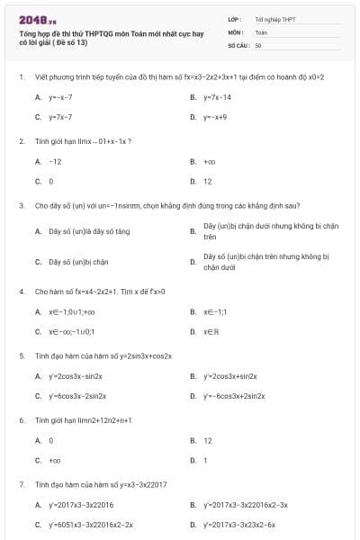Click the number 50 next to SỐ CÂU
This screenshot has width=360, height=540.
[x=258, y=44]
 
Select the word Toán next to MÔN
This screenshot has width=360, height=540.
[x=261, y=31]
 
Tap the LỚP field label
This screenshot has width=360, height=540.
[x=234, y=19]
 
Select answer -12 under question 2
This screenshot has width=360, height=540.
[x=55, y=161]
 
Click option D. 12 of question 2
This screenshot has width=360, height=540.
[x=207, y=181]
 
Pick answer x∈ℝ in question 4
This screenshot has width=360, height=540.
[x=209, y=331]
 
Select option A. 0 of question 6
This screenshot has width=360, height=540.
[x=51, y=441]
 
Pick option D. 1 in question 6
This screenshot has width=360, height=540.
[x=205, y=461]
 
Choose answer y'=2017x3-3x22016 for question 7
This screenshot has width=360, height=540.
[x=81, y=505]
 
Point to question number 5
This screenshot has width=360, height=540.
[x=22, y=355]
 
